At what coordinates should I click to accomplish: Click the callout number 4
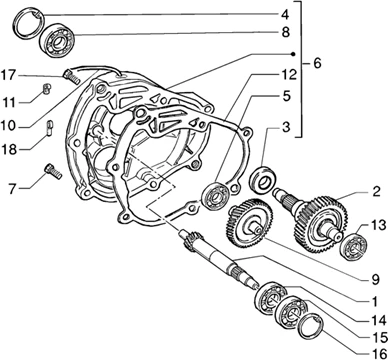click(x=285, y=14)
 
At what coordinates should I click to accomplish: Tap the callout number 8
click(x=285, y=32)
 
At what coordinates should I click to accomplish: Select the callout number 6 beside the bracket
click(x=317, y=63)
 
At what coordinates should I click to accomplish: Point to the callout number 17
click(x=8, y=75)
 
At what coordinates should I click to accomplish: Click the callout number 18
click(x=9, y=149)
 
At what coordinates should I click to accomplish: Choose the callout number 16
click(x=378, y=353)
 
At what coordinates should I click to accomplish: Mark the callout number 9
click(x=376, y=279)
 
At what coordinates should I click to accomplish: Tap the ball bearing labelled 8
click(x=58, y=41)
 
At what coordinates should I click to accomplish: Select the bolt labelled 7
click(x=53, y=171)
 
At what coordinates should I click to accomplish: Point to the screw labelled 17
click(x=71, y=76)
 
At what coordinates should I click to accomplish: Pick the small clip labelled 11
click(x=47, y=89)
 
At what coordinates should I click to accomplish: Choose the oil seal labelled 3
click(x=263, y=180)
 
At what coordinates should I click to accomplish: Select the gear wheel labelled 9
click(x=249, y=222)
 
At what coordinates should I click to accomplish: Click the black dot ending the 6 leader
click(x=293, y=54)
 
